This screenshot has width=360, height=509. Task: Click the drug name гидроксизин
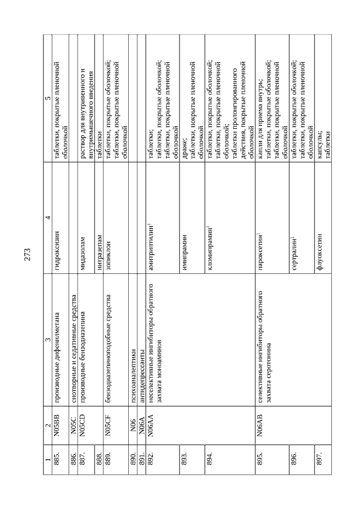[57, 248]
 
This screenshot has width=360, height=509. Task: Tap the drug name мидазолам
[82, 250]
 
